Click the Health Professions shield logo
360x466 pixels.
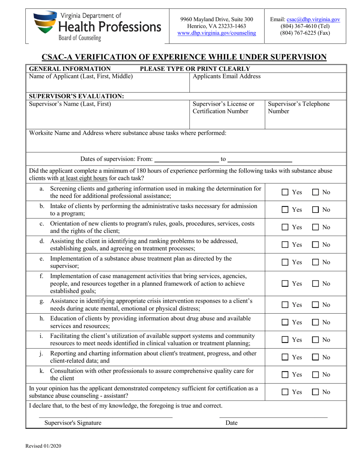45,22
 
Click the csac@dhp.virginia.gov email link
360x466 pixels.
313,19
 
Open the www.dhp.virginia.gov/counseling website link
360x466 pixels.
217,33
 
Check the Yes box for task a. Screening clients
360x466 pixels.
285,192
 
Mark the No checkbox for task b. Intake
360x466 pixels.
315,210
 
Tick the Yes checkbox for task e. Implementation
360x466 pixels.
285,262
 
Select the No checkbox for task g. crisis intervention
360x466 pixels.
315,305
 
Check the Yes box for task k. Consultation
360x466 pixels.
285,375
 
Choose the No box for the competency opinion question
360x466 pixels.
315,392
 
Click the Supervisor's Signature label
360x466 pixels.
73,423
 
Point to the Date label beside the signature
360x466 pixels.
231,423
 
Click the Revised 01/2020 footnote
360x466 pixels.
43,446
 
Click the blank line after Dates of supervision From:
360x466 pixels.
187,159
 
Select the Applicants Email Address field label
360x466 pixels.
227,76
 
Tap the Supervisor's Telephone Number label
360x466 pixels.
299,108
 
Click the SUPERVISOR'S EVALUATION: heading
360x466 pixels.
77,96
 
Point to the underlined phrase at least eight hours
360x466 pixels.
84,178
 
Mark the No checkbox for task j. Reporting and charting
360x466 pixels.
315,357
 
